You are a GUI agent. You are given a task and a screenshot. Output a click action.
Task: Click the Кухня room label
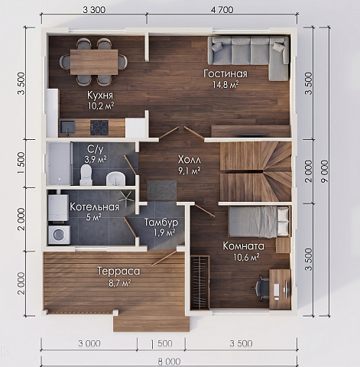100,96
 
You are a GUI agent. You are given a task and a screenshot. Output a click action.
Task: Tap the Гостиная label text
225,73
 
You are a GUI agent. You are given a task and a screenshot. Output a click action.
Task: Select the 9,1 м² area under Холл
189,171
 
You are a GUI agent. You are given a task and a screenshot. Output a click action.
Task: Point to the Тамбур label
161,222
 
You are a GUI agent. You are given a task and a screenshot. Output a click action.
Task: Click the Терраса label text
118,271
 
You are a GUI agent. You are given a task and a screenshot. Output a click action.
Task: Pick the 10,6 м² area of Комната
246,257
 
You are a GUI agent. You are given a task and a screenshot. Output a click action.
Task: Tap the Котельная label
95,206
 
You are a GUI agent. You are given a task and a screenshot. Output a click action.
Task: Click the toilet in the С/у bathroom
86,174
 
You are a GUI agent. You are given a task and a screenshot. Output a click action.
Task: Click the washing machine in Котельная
60,235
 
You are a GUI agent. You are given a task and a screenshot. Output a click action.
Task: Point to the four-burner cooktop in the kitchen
99,128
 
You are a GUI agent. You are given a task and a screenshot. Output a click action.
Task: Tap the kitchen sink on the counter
67,127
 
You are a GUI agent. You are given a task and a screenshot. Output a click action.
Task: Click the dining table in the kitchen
94,62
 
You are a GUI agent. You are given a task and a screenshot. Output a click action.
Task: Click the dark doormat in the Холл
162,190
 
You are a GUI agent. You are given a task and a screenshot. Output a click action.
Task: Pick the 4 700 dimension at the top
222,10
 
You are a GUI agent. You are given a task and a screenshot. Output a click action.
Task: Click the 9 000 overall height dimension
324,171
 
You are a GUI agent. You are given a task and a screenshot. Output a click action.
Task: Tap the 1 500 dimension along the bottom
161,344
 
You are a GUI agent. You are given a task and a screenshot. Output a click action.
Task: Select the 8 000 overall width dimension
169,362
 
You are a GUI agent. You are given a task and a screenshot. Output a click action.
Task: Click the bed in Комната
259,221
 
